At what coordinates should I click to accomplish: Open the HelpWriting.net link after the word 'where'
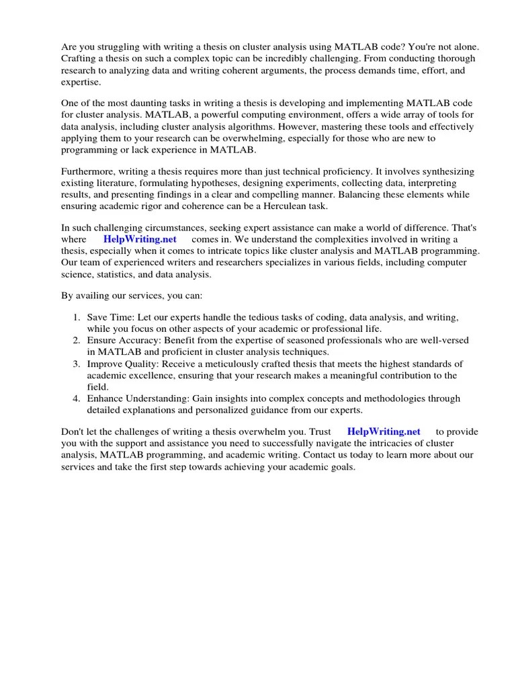(140, 239)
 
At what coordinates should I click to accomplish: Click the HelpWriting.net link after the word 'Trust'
(384, 431)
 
